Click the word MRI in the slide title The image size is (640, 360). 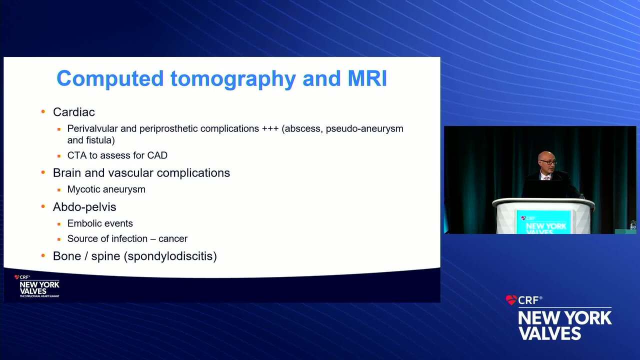(x=367, y=78)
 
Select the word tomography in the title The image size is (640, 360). (x=233, y=79)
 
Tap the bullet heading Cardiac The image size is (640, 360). (x=73, y=112)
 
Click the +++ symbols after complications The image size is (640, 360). (x=270, y=129)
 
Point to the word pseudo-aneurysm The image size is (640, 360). (x=364, y=129)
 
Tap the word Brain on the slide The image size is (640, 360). (x=67, y=173)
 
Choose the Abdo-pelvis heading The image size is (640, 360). (x=84, y=207)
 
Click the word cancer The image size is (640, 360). (x=173, y=239)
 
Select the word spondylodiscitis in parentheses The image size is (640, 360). (x=170, y=256)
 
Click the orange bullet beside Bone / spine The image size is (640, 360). (x=43, y=255)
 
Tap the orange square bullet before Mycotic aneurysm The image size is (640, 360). (x=59, y=189)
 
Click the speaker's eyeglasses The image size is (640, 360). (x=548, y=162)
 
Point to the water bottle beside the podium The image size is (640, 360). (x=633, y=224)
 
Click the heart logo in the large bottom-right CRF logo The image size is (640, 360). (x=511, y=300)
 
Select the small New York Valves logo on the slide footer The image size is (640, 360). (x=37, y=286)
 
